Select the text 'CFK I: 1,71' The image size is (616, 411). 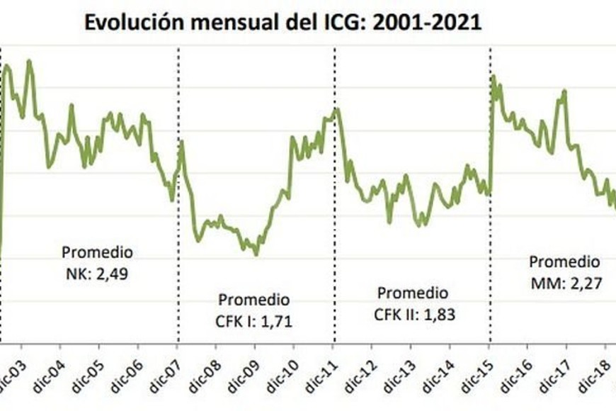[x=254, y=322]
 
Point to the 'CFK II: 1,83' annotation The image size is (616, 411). [x=413, y=315]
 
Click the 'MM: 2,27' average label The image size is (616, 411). [x=564, y=283]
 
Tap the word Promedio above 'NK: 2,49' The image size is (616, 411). [x=97, y=252]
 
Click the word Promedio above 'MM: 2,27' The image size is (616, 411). [x=564, y=261]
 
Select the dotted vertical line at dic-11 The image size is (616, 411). [x=334, y=213]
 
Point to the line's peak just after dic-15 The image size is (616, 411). [x=493, y=77]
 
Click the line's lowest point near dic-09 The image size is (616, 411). [x=256, y=254]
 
